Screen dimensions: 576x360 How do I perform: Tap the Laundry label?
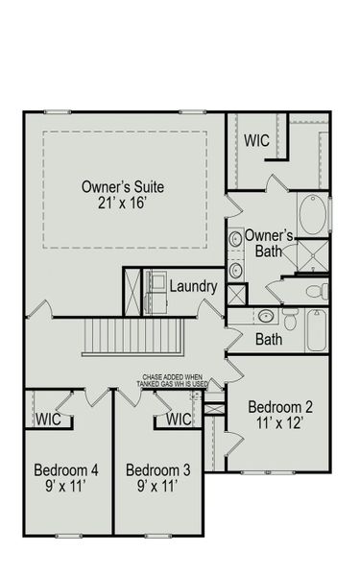click(193, 286)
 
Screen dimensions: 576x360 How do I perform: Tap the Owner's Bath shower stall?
click(313, 253)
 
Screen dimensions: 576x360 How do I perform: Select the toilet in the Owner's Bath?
click(316, 290)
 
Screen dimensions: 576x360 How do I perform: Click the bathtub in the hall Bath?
click(317, 331)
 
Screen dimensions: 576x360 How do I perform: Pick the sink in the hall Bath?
click(266, 316)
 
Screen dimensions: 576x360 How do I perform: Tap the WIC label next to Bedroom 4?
click(49, 419)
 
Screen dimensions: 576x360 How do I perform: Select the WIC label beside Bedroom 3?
click(180, 419)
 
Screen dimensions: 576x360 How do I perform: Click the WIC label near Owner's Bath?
click(256, 140)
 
